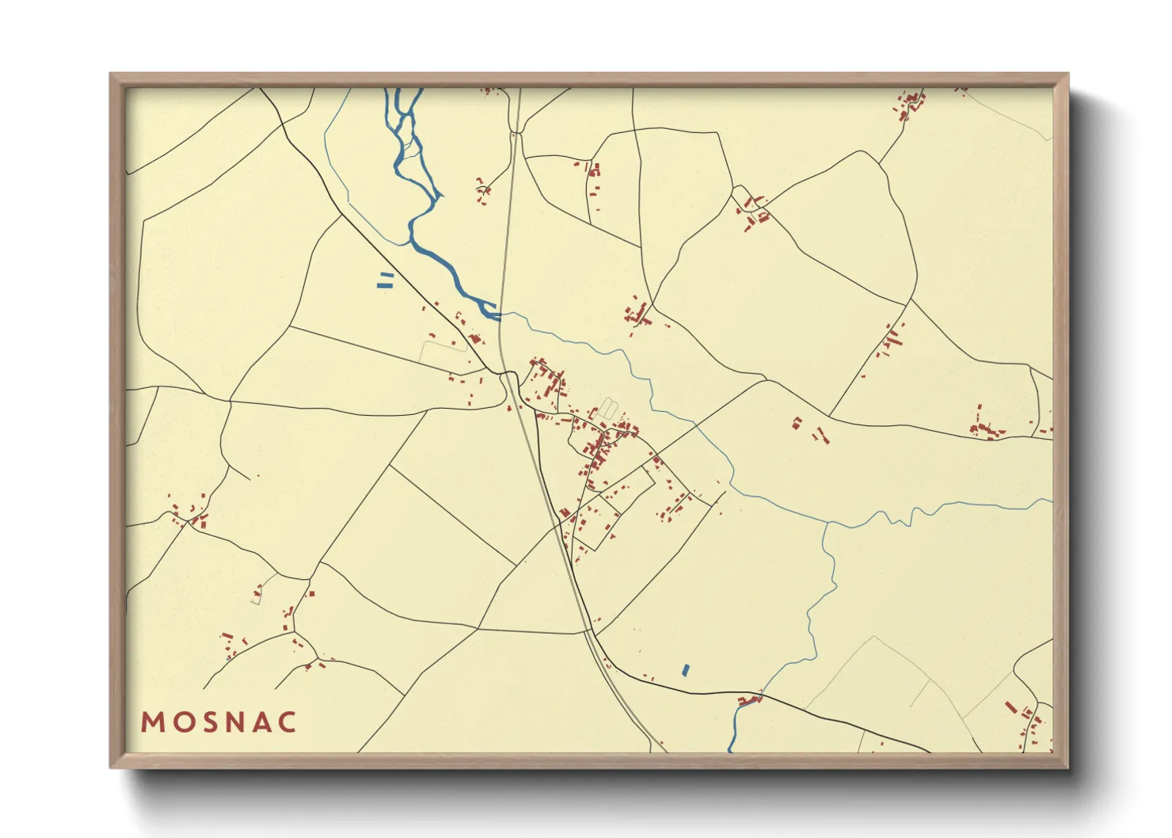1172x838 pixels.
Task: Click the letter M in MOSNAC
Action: (x=152, y=722)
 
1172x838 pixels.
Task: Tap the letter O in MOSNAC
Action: (x=181, y=722)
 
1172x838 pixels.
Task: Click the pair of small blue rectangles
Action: (x=386, y=280)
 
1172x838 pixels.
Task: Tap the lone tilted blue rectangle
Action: (x=686, y=670)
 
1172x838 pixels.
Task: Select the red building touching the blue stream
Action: (x=748, y=700)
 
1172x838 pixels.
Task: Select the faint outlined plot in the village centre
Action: (x=606, y=409)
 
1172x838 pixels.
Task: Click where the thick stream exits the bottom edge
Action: (x=730, y=749)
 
